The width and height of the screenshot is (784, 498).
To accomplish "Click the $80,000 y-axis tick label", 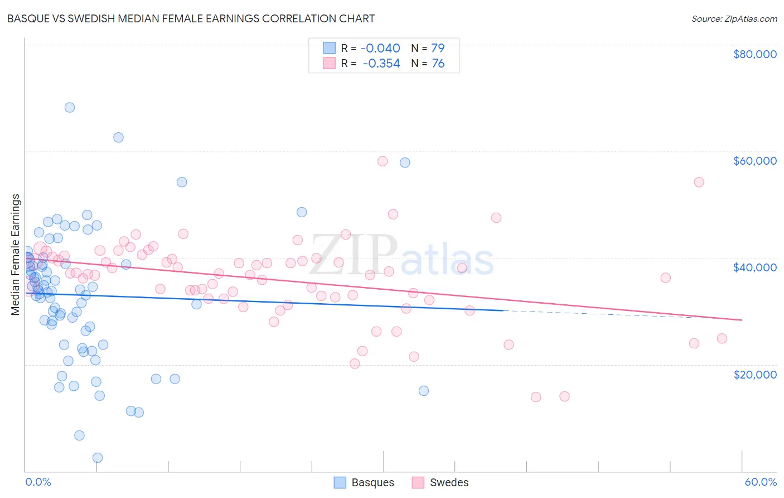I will click(754, 54).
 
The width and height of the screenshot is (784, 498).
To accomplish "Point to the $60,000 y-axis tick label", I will click(754, 161).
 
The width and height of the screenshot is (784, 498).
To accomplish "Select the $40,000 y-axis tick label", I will click(754, 267).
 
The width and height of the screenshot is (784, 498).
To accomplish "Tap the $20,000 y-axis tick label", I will click(754, 374).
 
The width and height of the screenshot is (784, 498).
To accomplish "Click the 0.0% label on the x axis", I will click(38, 482).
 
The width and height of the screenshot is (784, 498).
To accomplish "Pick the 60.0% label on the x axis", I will click(761, 482).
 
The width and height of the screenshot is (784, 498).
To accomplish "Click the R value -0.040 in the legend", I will click(381, 48).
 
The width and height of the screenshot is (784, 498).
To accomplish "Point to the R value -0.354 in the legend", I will click(381, 64).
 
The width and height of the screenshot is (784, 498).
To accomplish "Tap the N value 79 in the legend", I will click(438, 48).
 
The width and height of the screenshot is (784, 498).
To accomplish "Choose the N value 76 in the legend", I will click(438, 64).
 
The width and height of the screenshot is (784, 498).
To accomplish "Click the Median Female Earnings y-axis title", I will click(16, 255).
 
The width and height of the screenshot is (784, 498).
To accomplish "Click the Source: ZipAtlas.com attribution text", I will click(734, 19).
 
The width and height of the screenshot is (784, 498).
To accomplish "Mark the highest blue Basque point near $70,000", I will click(70, 107).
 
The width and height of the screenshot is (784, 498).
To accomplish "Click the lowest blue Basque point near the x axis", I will click(98, 458).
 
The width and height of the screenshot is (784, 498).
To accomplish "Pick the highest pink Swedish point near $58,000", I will click(383, 161).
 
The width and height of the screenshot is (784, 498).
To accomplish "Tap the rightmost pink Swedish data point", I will click(722, 338).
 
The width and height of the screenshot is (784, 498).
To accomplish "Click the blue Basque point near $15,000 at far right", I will click(424, 391).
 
